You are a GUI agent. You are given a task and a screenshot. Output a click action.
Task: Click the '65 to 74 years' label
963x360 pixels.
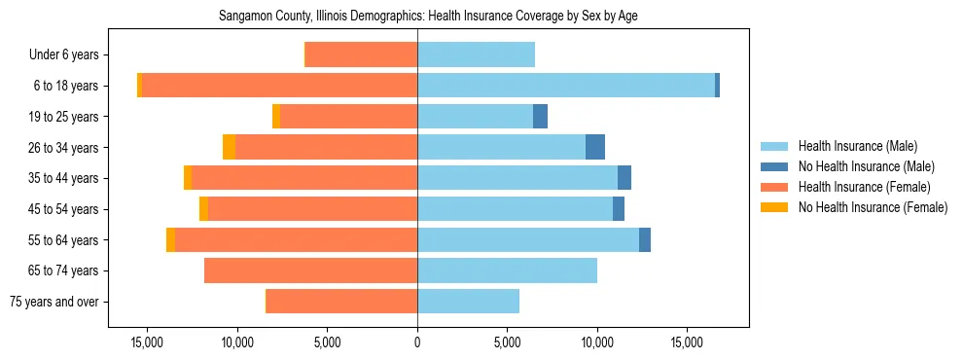pos(64,270)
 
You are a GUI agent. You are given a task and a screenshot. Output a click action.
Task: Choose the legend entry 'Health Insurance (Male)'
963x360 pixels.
pos(857,147)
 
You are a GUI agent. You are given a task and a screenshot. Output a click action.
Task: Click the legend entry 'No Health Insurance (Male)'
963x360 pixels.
pos(866,167)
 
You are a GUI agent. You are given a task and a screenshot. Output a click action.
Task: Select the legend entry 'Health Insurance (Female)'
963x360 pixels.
pos(863,187)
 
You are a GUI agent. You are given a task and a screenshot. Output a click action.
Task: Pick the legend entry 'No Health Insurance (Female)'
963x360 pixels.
pos(872,207)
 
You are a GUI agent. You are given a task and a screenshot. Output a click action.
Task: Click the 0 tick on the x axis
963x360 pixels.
pos(417,342)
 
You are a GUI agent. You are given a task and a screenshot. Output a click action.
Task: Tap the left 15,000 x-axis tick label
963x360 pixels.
pos(147,342)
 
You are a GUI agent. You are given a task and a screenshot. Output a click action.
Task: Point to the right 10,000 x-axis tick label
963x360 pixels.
pos(597,342)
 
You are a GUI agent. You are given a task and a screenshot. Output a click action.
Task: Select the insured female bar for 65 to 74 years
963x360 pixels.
pos(311,270)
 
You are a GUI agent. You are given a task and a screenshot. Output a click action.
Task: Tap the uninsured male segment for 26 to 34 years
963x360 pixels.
pos(595,147)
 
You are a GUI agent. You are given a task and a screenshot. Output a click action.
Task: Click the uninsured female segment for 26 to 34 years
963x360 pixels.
pos(229,147)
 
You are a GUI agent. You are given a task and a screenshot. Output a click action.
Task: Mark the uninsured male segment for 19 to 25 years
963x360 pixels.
pos(540,117)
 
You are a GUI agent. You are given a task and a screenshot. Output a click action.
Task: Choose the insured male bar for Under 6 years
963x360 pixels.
pos(476,55)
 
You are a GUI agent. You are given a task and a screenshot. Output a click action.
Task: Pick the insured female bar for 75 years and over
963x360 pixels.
pos(341,302)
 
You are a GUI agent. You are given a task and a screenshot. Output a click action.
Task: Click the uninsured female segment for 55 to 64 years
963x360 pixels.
pos(170,240)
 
